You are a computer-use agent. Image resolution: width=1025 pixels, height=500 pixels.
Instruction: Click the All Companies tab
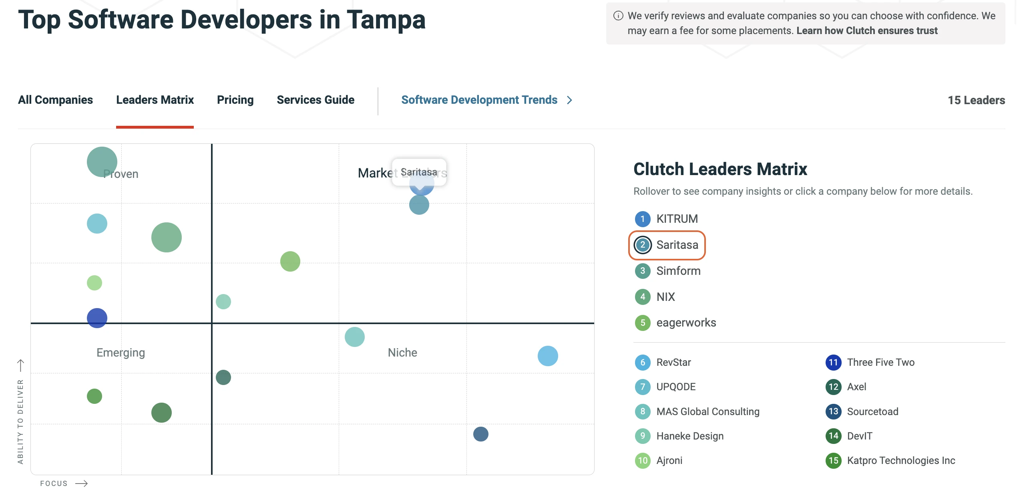[55, 100]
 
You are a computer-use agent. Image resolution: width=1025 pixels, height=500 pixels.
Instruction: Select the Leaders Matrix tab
[155, 100]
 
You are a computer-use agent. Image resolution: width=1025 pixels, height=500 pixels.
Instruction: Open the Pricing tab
[235, 100]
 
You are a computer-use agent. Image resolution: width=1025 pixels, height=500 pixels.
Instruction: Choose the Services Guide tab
[316, 100]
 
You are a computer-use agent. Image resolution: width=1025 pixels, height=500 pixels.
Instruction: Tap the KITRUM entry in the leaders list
[677, 219]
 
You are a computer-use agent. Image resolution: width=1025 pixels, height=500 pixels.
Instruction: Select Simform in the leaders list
[678, 271]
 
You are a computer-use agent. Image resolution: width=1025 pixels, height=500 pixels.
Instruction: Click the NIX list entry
[665, 297]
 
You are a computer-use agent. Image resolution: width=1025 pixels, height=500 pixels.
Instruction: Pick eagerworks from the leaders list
[686, 323]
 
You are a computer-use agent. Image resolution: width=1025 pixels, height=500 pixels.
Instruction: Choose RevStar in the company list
[673, 363]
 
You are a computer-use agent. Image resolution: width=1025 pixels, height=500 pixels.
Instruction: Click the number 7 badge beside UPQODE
[643, 387]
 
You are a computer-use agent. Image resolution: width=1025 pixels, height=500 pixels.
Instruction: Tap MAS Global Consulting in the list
[707, 411]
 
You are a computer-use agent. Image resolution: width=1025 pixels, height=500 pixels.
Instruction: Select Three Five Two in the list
[880, 363]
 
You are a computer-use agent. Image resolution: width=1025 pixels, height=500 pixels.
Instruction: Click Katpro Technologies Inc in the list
[901, 461]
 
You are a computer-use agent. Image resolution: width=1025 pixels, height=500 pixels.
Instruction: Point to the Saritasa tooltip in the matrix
[419, 172]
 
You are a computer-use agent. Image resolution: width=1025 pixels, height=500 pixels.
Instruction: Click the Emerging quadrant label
[121, 353]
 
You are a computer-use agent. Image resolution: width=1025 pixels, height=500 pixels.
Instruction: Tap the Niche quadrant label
[402, 353]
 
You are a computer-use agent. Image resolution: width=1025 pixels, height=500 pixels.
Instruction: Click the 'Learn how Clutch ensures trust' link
[867, 31]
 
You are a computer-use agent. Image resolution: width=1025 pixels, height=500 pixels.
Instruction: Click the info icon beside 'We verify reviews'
[618, 16]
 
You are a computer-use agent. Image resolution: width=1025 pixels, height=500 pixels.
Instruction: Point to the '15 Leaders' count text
[976, 100]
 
